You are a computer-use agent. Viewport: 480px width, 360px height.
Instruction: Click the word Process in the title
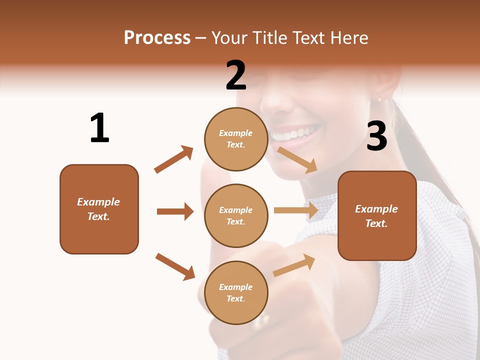tap(157, 37)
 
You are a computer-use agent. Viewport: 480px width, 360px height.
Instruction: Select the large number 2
tap(236, 75)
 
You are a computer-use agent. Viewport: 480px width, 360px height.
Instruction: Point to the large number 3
tap(376, 136)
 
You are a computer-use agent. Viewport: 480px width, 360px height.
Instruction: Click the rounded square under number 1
tap(99, 209)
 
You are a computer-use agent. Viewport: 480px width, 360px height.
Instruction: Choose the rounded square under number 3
tap(377, 216)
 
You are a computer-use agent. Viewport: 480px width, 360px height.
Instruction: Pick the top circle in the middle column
tap(236, 139)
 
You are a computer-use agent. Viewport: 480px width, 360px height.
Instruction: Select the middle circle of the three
tap(236, 216)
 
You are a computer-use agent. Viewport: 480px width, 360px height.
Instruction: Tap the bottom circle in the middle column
tap(236, 293)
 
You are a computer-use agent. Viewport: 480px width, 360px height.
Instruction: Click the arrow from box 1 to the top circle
tap(174, 159)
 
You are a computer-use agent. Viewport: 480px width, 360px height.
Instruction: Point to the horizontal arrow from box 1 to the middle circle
tap(175, 211)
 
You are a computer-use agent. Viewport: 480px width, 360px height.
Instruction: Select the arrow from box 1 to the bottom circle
tap(175, 266)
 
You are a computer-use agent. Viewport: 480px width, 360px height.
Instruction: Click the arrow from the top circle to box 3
tap(297, 159)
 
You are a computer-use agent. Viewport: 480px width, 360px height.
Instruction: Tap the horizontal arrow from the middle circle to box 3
tap(296, 210)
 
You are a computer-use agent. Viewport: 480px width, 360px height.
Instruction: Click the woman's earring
tap(379, 99)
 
